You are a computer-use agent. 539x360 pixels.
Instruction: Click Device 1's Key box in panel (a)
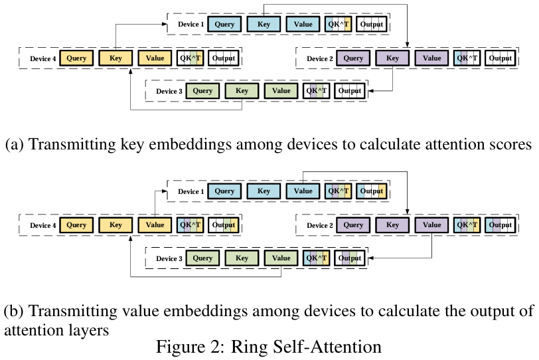264,25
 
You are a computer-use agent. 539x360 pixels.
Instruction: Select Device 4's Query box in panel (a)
77,58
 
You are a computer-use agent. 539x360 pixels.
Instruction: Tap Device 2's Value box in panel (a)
431,58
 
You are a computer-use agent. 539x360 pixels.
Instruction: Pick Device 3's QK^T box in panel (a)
316,91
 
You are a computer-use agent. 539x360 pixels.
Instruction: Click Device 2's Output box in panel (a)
500,58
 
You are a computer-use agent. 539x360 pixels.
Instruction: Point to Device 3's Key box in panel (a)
242,91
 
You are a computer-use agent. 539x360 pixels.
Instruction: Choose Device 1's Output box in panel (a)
371,25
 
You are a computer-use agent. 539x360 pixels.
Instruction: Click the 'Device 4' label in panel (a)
42,58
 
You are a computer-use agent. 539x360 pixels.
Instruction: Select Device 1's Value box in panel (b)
303,191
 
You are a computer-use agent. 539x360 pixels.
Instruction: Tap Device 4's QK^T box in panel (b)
190,225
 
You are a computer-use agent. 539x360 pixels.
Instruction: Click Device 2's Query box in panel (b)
353,225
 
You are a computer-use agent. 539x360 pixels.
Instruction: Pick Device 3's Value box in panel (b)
281,258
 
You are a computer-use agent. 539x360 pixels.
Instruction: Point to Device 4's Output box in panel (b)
224,225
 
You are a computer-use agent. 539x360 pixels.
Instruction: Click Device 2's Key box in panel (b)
392,225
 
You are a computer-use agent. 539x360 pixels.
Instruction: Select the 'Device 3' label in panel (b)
169,258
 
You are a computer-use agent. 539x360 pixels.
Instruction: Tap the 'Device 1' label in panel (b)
191,192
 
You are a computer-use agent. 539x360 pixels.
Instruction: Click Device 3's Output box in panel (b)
349,258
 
